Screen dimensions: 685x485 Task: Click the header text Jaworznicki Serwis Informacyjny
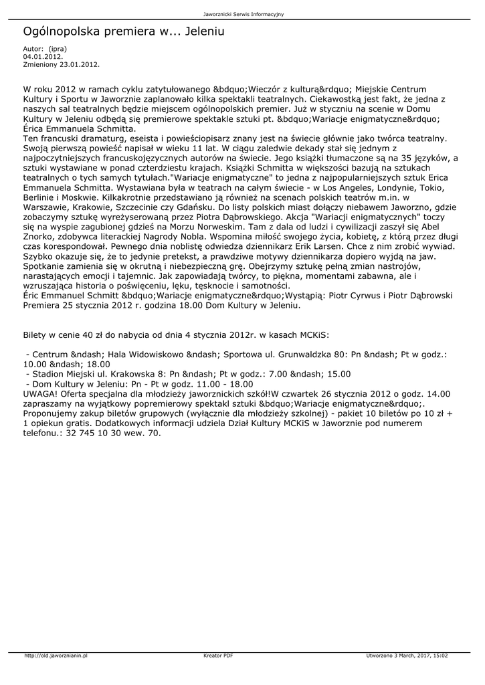point(242,14)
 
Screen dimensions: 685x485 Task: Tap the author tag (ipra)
point(58,50)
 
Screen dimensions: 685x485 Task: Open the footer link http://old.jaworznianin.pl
point(56,655)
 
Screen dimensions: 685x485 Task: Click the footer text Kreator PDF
point(218,655)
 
